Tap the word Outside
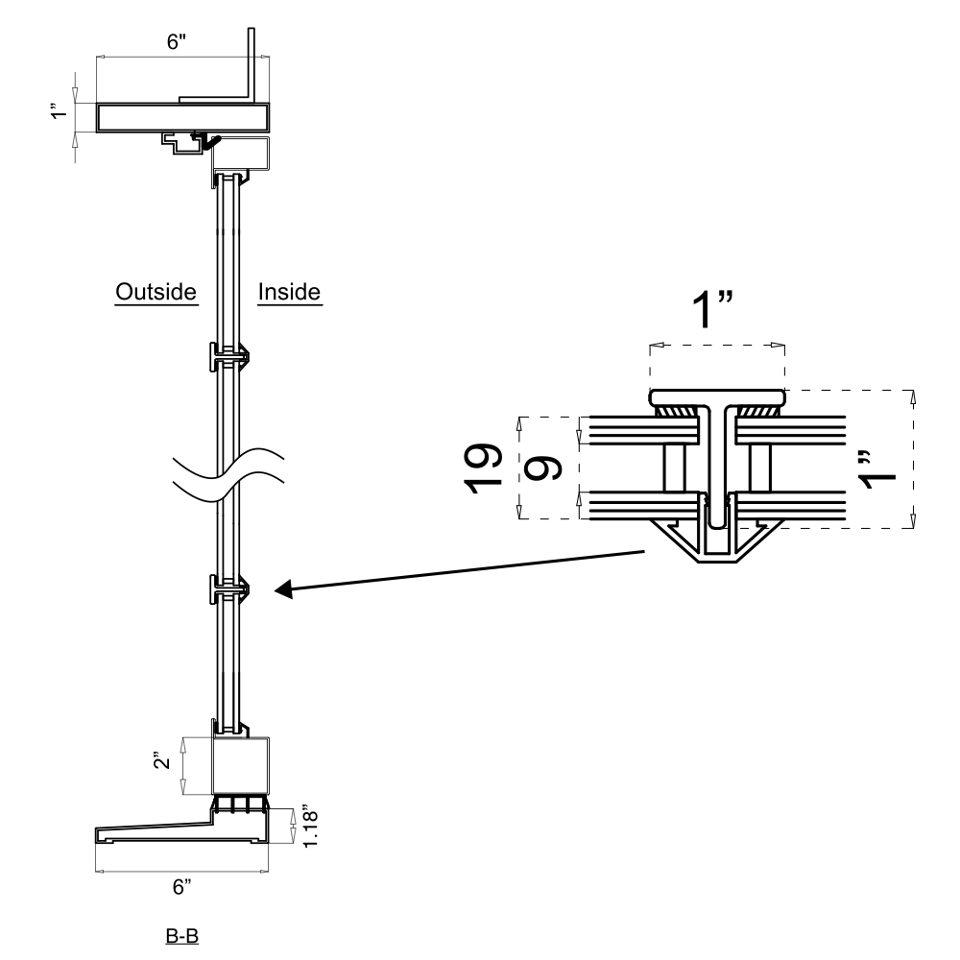(156, 291)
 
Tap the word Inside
(289, 291)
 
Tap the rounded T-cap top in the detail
(717, 396)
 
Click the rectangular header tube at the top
(182, 118)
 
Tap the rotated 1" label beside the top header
(60, 113)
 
